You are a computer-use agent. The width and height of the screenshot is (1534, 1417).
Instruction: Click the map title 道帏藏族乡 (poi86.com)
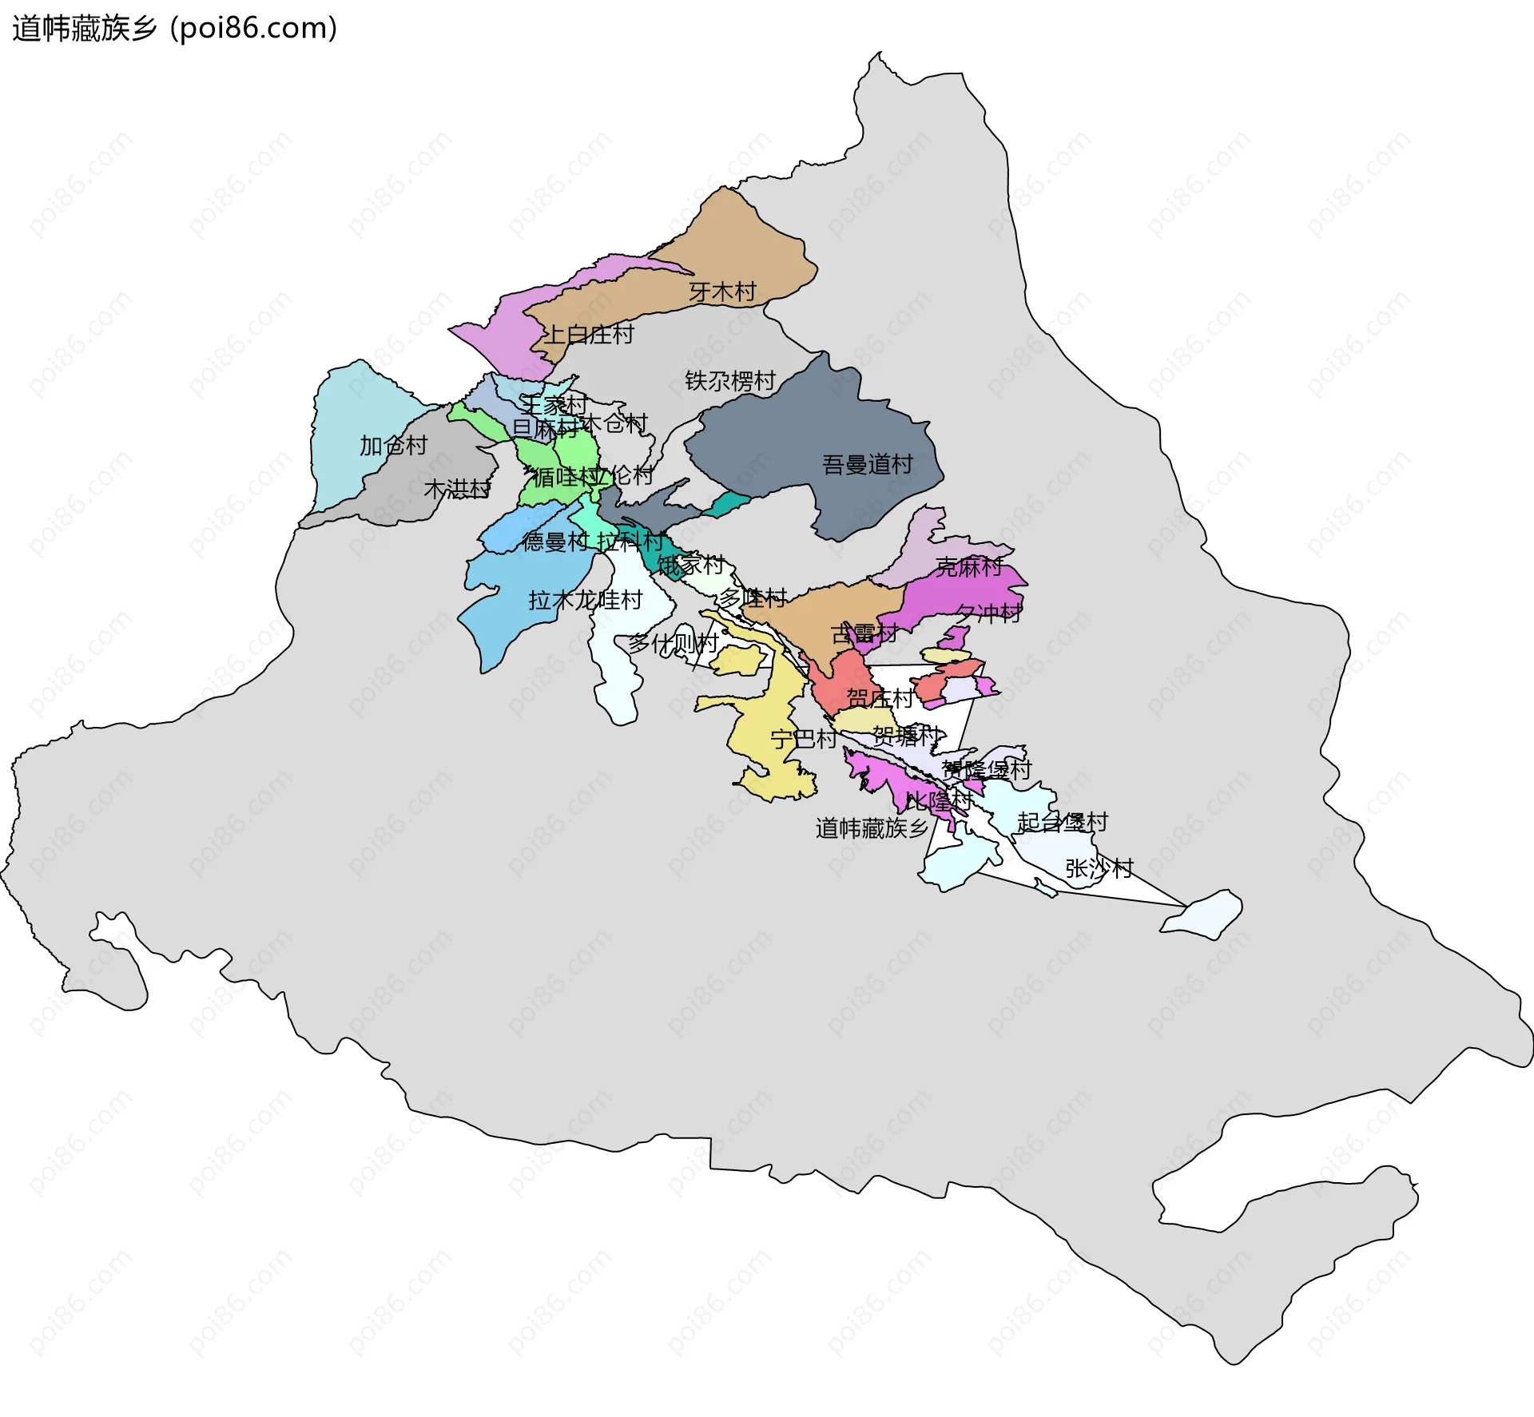pyautogui.click(x=174, y=29)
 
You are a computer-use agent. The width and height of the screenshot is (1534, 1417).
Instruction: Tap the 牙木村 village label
pyautogui.click(x=722, y=292)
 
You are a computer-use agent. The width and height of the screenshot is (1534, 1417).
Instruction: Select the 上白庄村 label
pyautogui.click(x=589, y=334)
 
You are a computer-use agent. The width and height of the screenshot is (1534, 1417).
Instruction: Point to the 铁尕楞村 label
pyautogui.click(x=730, y=380)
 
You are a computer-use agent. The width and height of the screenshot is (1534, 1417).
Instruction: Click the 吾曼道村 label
pyautogui.click(x=868, y=464)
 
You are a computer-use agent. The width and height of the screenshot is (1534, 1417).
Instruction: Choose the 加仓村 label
pyautogui.click(x=393, y=445)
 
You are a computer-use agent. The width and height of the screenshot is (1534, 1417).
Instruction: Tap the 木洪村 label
pyautogui.click(x=457, y=488)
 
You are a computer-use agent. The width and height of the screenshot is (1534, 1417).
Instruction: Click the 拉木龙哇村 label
pyautogui.click(x=586, y=599)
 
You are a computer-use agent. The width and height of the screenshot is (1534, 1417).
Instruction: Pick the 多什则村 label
pyautogui.click(x=673, y=642)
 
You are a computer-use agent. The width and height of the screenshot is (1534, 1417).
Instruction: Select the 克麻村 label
pyautogui.click(x=969, y=566)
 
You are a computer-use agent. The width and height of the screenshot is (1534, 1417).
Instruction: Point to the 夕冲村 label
pyautogui.click(x=989, y=613)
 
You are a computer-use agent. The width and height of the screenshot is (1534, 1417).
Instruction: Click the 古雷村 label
pyautogui.click(x=864, y=633)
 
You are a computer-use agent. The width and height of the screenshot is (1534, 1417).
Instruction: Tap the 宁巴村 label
pyautogui.click(x=804, y=738)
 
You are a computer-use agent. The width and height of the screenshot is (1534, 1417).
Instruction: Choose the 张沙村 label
pyautogui.click(x=1099, y=867)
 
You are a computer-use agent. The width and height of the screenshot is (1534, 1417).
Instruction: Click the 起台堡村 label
pyautogui.click(x=1063, y=821)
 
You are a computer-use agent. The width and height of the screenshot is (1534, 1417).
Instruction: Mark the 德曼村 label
pyautogui.click(x=555, y=542)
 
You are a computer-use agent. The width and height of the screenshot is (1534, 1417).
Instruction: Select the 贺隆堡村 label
pyautogui.click(x=987, y=769)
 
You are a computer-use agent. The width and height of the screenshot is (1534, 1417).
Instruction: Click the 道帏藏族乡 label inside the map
pyautogui.click(x=872, y=828)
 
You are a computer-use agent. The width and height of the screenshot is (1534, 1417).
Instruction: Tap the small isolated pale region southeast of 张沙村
pyautogui.click(x=1204, y=914)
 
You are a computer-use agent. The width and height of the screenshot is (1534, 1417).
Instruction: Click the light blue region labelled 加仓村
pyautogui.click(x=352, y=415)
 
